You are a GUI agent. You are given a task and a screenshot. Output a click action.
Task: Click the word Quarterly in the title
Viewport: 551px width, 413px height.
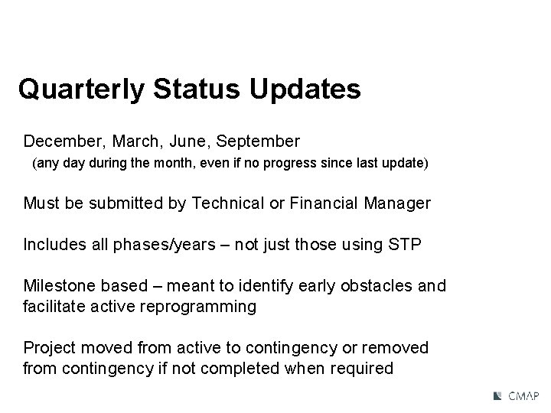81,89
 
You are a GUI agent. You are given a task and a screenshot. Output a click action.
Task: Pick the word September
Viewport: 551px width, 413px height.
259,141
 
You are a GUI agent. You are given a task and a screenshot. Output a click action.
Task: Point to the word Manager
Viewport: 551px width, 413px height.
395,203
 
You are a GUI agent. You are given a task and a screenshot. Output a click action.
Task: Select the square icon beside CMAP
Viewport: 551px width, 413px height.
497,396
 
